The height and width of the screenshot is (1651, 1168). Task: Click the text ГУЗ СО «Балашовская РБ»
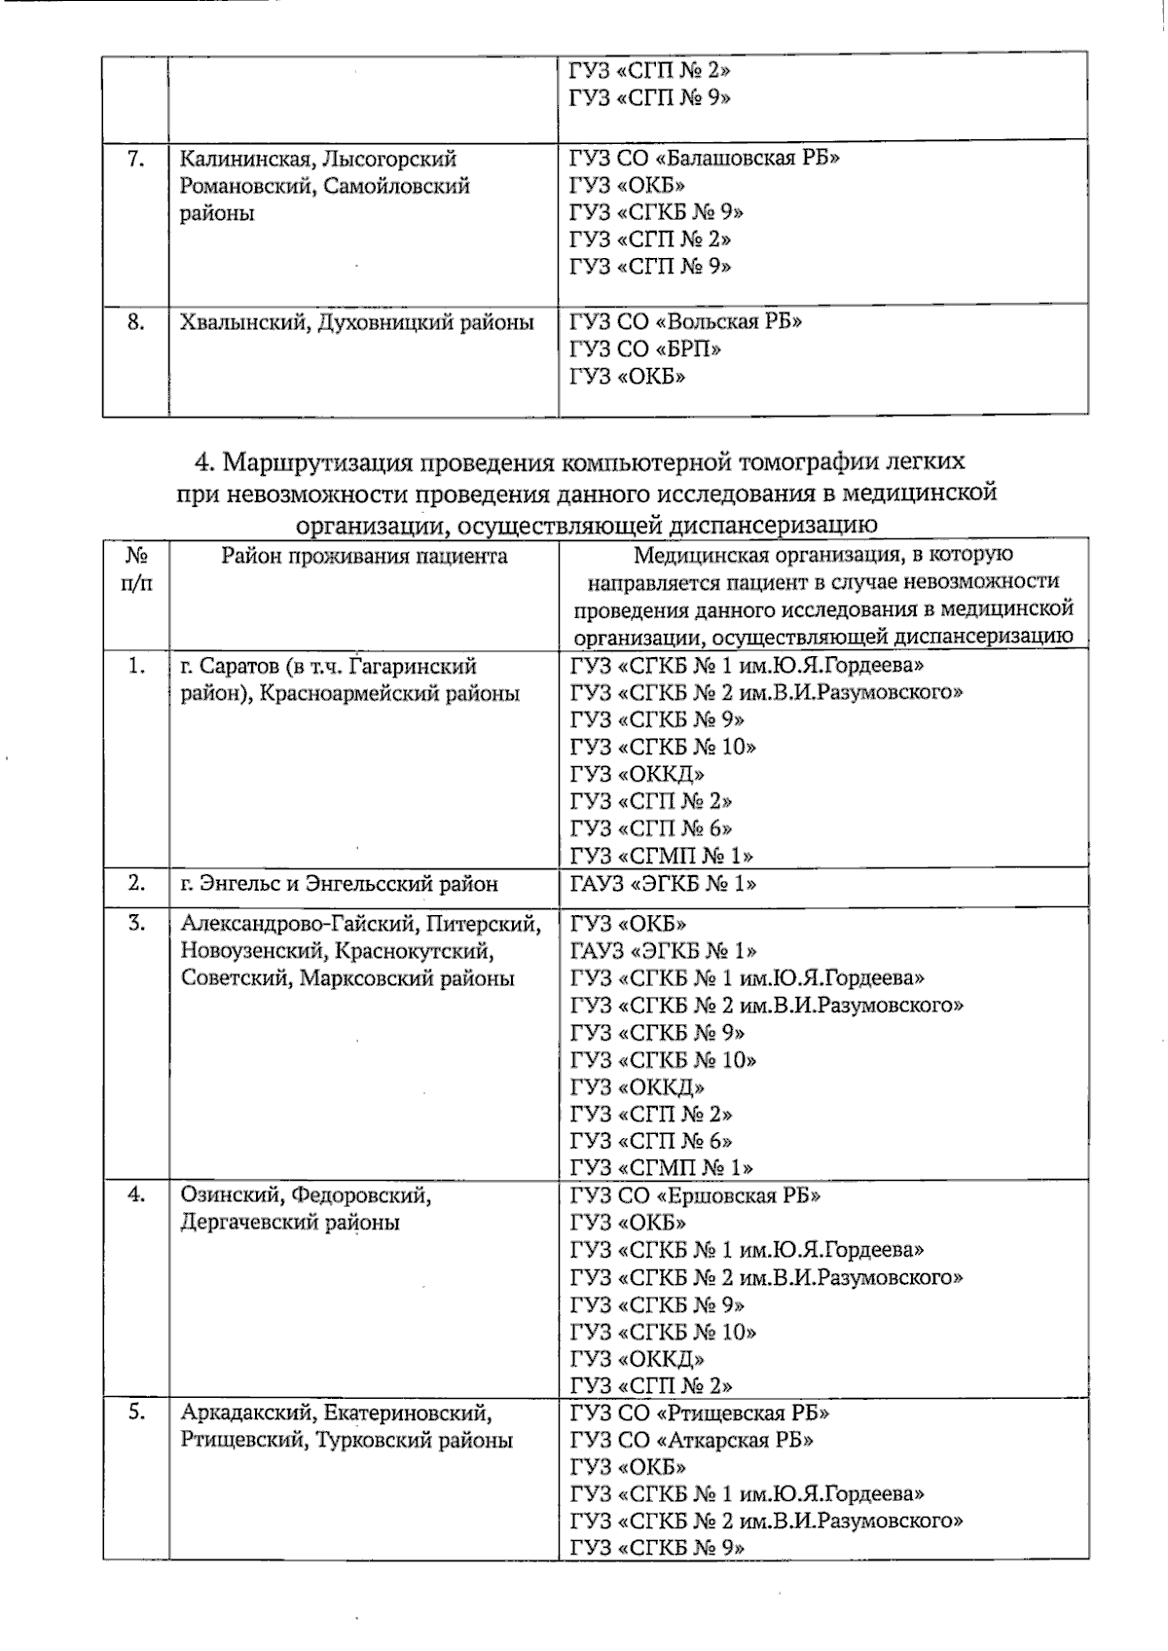704,159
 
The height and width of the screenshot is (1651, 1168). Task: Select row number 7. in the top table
136,159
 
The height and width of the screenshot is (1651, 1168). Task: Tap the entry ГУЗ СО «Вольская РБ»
685,321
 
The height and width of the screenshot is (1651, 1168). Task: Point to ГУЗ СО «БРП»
645,349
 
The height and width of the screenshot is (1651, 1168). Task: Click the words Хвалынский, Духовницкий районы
357,321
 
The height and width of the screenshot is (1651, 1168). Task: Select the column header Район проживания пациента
364,556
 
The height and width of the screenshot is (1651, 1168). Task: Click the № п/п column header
136,569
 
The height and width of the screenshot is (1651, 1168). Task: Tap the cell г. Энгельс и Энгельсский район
340,884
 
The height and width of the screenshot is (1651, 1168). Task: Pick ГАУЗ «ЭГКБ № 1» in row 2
663,884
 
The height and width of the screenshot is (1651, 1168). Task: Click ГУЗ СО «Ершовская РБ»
695,1195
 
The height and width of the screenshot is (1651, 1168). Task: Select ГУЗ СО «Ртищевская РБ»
699,1413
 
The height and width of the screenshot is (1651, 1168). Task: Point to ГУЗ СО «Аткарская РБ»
691,1440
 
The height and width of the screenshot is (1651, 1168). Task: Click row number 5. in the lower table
136,1413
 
